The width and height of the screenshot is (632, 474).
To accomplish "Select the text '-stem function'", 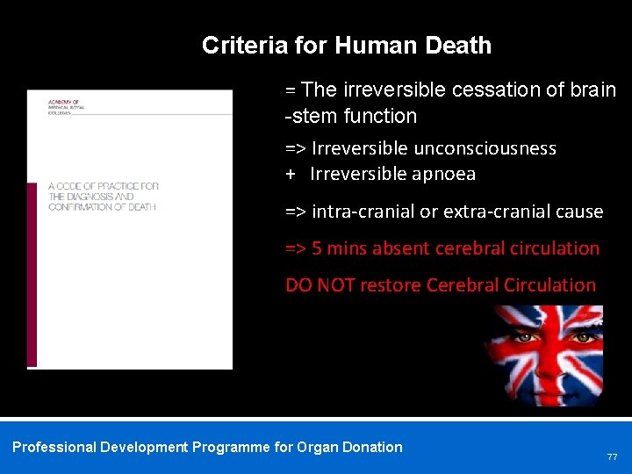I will (x=351, y=116).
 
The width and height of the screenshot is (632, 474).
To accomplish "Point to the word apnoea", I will (x=442, y=174).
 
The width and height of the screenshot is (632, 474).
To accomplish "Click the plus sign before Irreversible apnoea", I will (x=291, y=174).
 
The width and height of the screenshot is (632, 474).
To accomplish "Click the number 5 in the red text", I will (x=317, y=248).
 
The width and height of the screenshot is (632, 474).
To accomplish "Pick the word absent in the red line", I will (x=399, y=248).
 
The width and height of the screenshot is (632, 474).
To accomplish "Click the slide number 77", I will (x=612, y=457).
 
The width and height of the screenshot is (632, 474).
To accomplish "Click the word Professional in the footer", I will (x=54, y=447).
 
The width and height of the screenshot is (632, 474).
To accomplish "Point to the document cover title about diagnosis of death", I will (x=103, y=197).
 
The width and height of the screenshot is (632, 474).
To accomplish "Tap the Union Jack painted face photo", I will (x=547, y=355).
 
